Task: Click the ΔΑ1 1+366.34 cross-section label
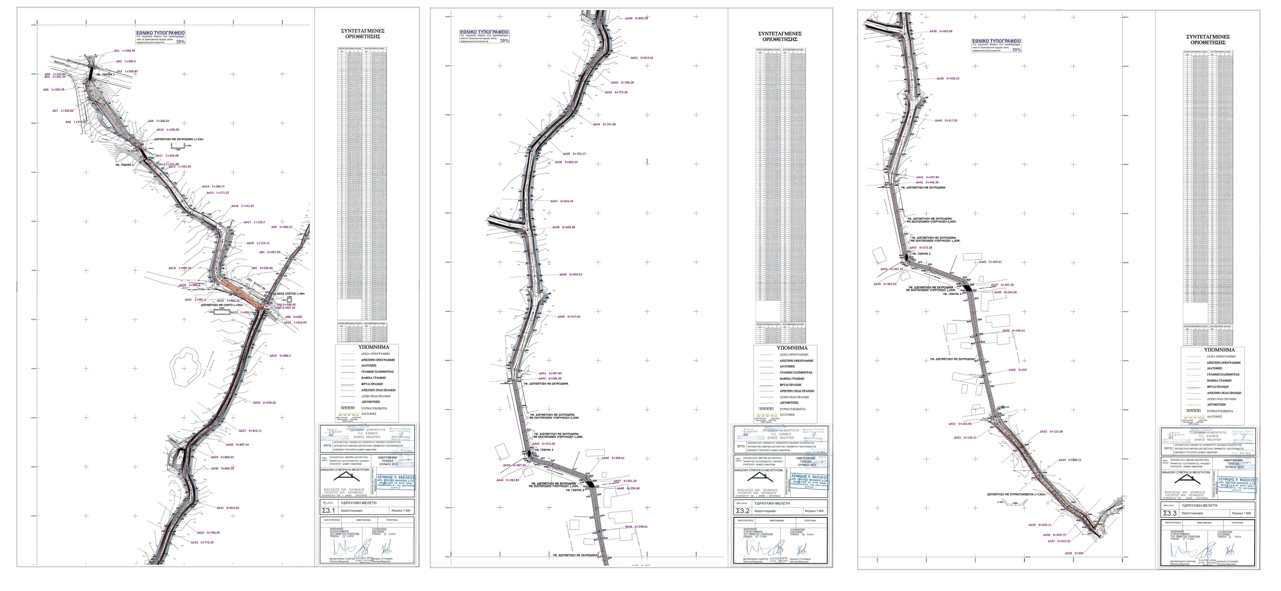click(124, 51)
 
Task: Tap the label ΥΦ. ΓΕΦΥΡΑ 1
click(105, 74)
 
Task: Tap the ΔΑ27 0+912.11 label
click(250, 431)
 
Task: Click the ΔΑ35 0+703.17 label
click(574, 154)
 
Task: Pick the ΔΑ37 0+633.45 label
click(562, 201)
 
